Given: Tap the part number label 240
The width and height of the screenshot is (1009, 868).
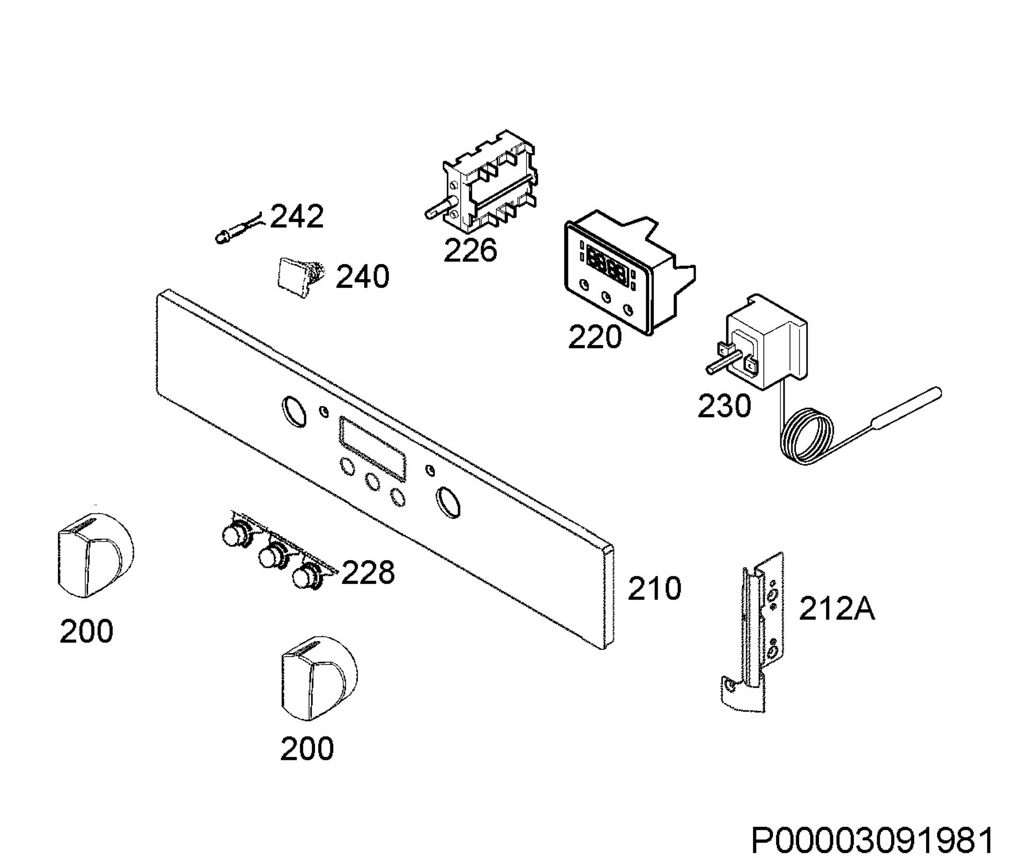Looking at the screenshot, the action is tap(363, 277).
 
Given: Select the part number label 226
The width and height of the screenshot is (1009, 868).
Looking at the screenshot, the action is tap(470, 250).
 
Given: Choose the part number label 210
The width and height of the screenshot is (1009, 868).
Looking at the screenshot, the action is tap(654, 588).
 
